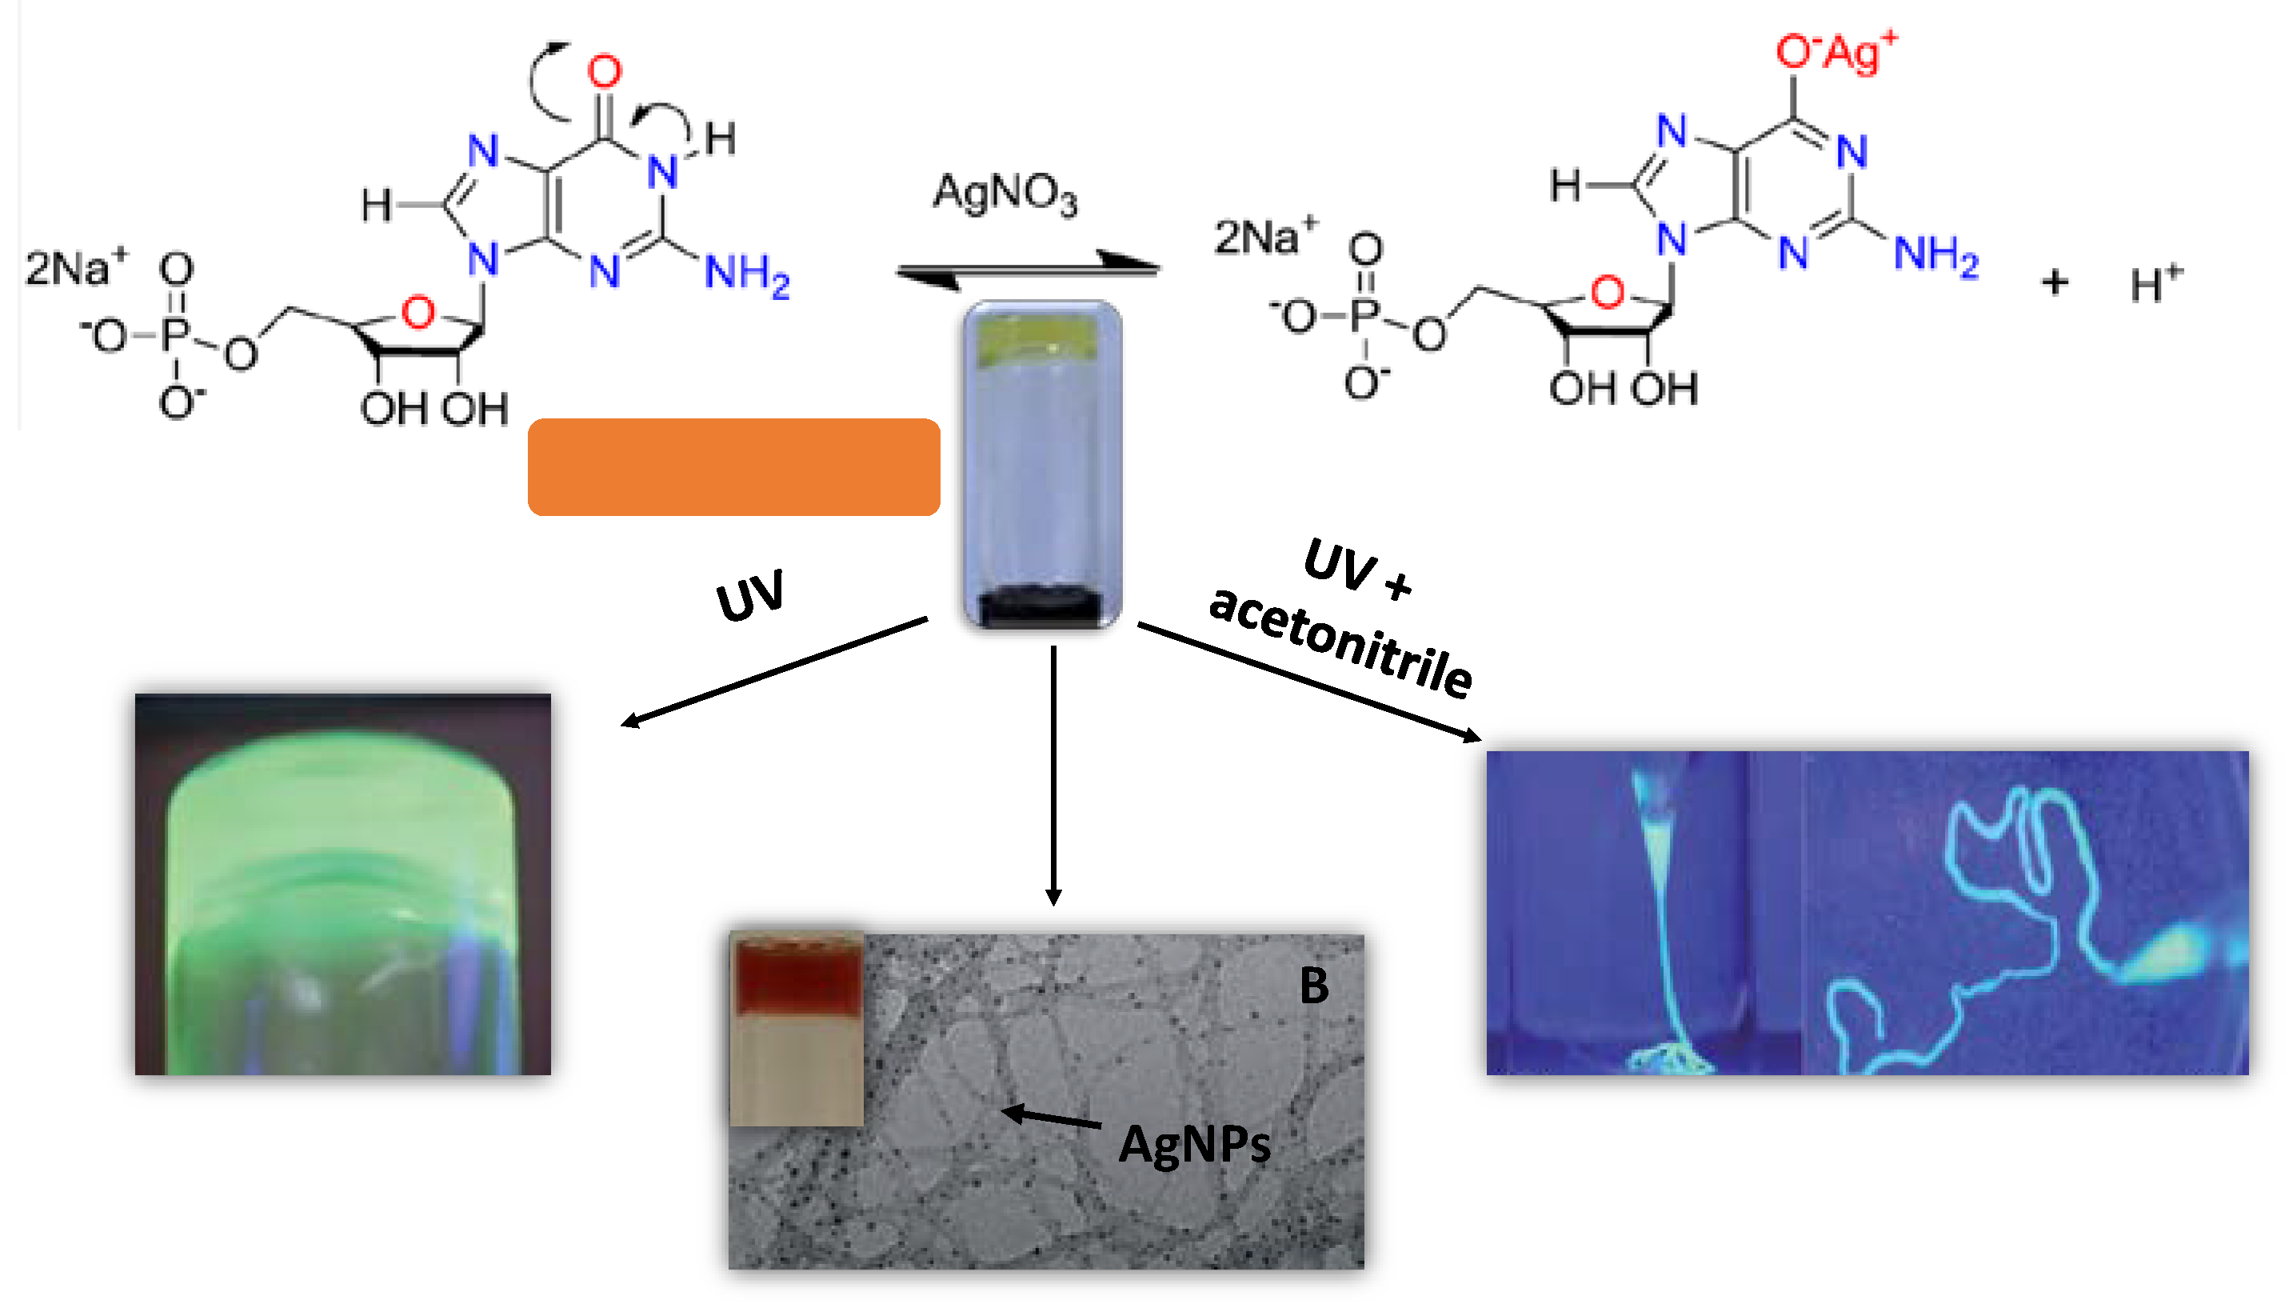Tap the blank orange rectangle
[x=733, y=466]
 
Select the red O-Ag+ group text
[x=1834, y=52]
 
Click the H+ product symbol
[x=2155, y=284]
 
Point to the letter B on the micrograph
[x=1313, y=986]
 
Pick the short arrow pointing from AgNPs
[x=1050, y=1118]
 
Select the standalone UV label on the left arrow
[x=749, y=597]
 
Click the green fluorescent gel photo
[x=342, y=885]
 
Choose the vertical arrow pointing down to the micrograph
[x=1053, y=775]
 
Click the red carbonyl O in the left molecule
[x=605, y=72]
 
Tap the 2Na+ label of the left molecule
[x=76, y=268]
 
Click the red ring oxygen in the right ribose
[x=1607, y=293]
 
